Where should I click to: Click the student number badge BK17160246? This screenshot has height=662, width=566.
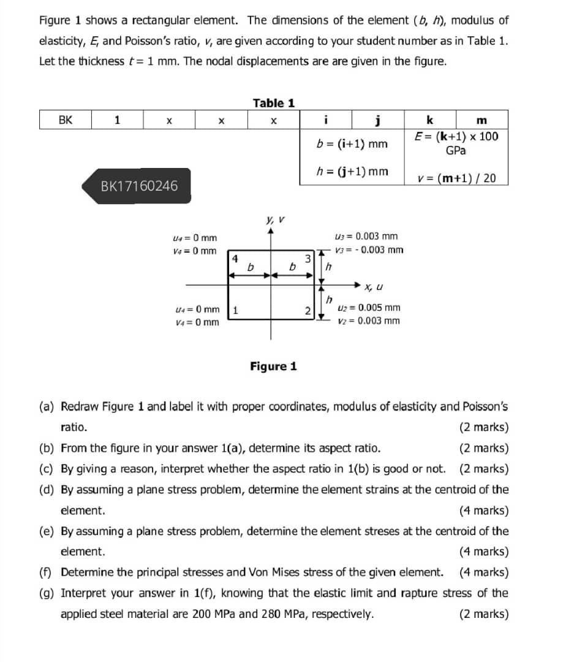point(140,185)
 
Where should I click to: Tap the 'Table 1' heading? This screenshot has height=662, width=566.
point(273,103)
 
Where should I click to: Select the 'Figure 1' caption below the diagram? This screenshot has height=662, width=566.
point(273,367)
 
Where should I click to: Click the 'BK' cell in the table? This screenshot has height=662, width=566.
point(65,120)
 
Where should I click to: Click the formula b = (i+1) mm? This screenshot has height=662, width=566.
point(352,145)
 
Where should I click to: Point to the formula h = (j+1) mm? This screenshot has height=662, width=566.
point(352,171)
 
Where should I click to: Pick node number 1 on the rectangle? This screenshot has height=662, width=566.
point(235,310)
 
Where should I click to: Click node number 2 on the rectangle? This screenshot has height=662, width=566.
point(308,311)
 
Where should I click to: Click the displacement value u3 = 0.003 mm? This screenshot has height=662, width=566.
point(366,236)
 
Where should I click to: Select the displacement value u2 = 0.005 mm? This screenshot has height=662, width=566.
point(369,308)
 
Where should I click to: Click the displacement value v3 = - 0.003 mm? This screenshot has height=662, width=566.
point(369,249)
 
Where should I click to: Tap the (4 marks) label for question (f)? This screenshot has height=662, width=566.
point(483,573)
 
